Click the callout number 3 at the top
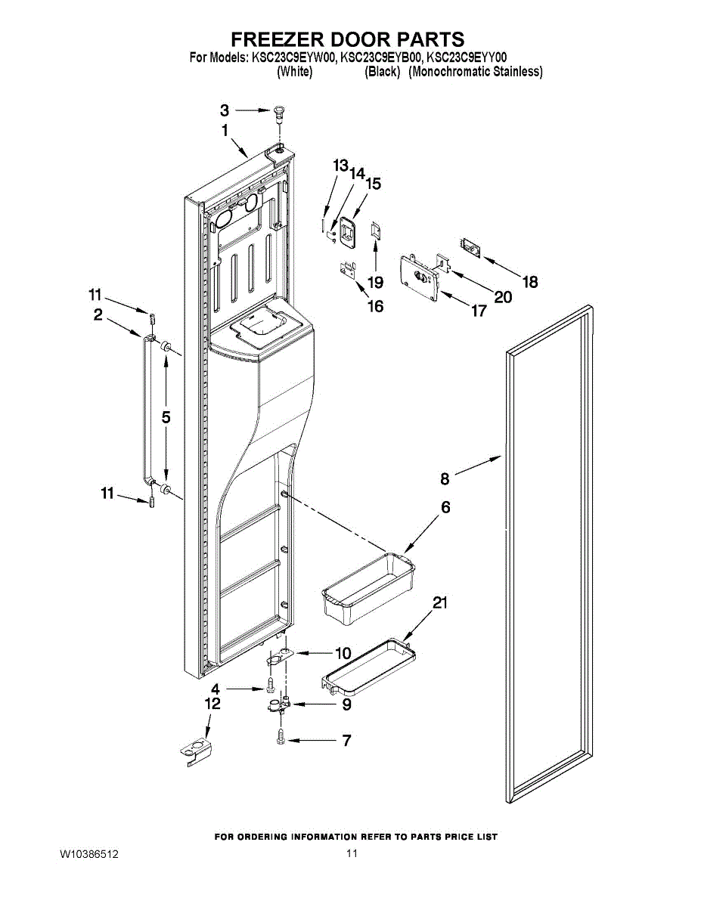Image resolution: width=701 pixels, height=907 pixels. pos(225,110)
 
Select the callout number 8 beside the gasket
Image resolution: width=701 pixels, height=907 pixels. pos(445,478)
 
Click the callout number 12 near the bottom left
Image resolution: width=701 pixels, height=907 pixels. pos(213,704)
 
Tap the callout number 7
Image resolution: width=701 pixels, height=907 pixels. pos(347,741)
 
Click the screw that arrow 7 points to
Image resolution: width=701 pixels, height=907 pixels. pos(281,736)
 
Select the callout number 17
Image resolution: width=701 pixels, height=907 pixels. pos(479,311)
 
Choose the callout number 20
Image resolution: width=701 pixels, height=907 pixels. pos(502,297)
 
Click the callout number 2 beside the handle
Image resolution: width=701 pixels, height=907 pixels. pos(98,316)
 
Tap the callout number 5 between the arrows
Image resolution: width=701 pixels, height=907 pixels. pos(166,416)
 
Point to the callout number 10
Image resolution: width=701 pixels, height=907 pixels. pos(343,653)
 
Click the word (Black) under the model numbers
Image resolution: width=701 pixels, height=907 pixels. pos(382,72)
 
